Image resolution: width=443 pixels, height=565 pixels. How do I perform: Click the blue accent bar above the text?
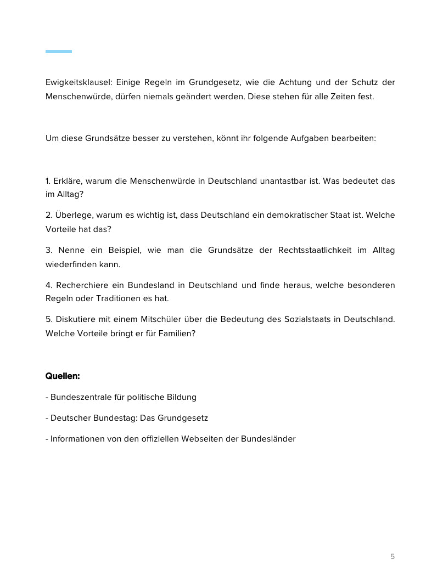click(x=59, y=52)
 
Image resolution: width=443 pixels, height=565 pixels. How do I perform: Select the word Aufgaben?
click(x=309, y=138)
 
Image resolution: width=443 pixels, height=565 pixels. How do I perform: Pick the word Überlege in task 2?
click(x=74, y=215)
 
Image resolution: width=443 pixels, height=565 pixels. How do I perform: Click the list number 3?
click(x=49, y=250)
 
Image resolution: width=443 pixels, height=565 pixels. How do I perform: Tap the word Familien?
click(x=176, y=334)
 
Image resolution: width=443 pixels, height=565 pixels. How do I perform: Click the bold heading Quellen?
click(x=63, y=376)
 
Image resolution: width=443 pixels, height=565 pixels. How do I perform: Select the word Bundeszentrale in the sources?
click(x=80, y=397)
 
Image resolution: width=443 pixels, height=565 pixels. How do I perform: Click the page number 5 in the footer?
click(x=392, y=556)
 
